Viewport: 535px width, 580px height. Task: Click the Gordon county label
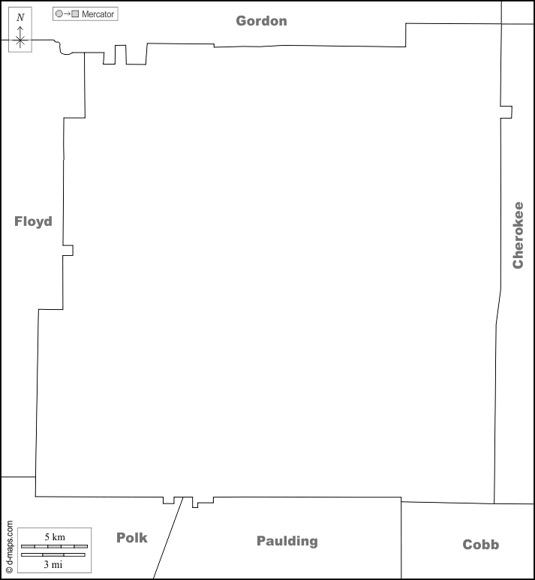[261, 21]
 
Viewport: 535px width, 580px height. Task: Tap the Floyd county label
[33, 221]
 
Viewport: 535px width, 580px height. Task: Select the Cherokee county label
[518, 235]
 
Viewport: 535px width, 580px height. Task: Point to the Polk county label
[132, 537]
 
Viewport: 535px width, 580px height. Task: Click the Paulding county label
[287, 541]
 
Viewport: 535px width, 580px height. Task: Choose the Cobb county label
[481, 545]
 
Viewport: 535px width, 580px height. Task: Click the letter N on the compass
[21, 17]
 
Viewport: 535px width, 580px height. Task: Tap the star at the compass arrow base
[20, 40]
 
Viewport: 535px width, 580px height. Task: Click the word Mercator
[98, 14]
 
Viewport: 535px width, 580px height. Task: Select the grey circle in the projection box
[59, 14]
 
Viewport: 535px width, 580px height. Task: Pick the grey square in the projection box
[75, 14]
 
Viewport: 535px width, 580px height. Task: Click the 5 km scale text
[55, 536]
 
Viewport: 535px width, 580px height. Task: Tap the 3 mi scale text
[53, 564]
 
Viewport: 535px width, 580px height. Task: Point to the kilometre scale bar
[54, 546]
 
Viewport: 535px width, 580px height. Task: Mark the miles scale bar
[53, 554]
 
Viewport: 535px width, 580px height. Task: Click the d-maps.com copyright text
[10, 547]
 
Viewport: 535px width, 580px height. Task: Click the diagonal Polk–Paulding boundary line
[168, 538]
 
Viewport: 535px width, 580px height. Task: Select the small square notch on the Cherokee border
[506, 112]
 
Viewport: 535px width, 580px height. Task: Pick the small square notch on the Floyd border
[68, 251]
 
